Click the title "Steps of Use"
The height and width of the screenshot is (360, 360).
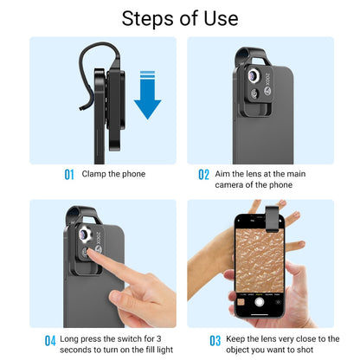coord(180,18)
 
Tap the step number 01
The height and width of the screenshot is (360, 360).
coord(69,174)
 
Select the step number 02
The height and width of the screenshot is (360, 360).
coord(204,175)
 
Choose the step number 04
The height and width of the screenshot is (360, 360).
coord(50,340)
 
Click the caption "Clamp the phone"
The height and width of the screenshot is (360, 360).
coord(113,174)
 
